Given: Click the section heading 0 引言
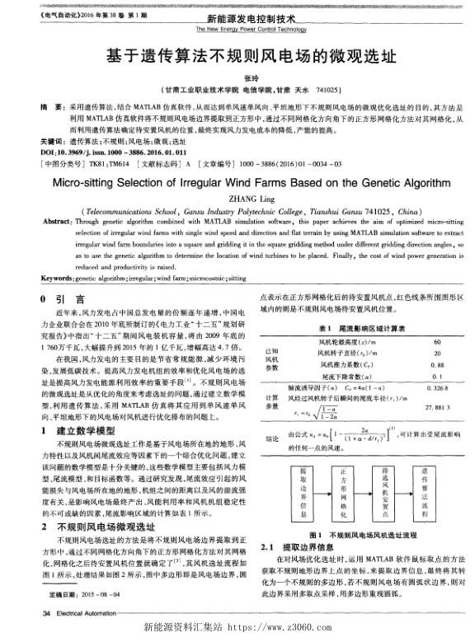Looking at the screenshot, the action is tap(60, 300).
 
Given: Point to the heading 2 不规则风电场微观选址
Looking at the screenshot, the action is tap(91, 502).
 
